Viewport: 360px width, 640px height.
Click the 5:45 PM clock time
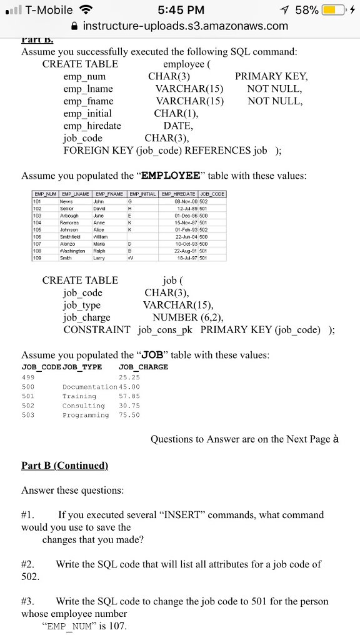tap(179, 10)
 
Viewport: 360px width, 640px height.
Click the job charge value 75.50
tap(129, 415)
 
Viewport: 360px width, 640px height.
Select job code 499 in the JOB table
tap(29, 377)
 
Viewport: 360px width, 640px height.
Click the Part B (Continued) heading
tap(65, 466)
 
